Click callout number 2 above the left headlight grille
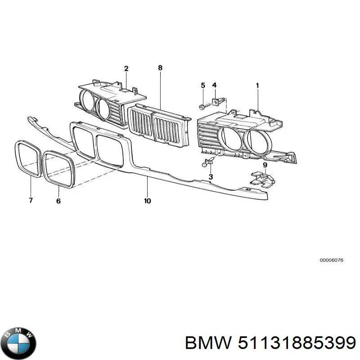[x=126, y=68]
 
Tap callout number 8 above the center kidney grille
[x=160, y=68]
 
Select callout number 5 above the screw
[x=203, y=85]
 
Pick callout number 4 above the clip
[x=214, y=85]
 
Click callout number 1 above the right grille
[x=257, y=85]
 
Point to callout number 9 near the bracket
[x=265, y=165]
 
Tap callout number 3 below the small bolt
[x=211, y=176]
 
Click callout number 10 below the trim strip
[x=148, y=201]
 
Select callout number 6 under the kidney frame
[x=58, y=201]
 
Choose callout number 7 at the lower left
[x=31, y=200]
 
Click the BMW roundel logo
[x=18, y=343]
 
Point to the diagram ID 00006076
[x=331, y=260]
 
